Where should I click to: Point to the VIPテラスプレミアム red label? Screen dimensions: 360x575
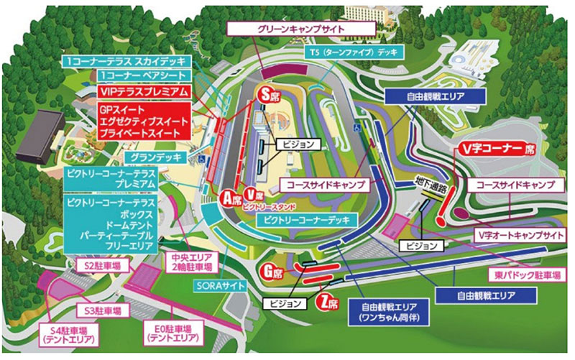click(143, 91)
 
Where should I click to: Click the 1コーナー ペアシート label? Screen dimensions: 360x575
click(144, 75)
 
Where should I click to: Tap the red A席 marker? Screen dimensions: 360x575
click(231, 198)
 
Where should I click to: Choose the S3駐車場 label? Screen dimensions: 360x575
click(108, 311)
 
